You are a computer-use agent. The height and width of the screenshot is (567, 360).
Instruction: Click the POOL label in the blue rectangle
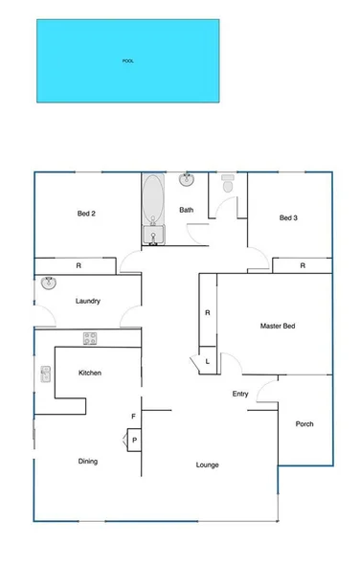click(127, 61)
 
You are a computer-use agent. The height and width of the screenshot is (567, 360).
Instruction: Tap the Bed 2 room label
click(86, 214)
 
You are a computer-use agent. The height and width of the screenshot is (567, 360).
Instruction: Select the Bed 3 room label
click(288, 218)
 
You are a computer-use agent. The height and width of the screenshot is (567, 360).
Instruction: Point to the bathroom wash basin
click(188, 179)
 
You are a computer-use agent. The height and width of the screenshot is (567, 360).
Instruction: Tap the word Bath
click(186, 210)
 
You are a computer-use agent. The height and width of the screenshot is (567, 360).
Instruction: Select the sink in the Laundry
click(49, 283)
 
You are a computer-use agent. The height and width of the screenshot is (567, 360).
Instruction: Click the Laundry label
click(88, 302)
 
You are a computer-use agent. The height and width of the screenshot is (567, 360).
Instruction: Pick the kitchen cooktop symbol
click(90, 337)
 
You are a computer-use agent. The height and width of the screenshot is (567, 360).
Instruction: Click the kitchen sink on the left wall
click(45, 374)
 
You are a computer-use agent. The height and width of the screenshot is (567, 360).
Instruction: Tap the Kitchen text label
click(90, 373)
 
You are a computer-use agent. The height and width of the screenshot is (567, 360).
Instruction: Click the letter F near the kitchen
click(133, 416)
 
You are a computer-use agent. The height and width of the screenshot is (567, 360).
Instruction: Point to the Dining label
click(87, 462)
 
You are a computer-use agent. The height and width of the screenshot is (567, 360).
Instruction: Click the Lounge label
click(207, 465)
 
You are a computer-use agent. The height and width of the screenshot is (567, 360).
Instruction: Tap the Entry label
click(240, 394)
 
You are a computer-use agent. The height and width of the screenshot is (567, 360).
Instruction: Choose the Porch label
click(304, 423)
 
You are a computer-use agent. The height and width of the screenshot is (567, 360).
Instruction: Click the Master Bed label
click(278, 327)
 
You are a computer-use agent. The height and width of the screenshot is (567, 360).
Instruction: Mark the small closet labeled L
click(208, 361)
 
